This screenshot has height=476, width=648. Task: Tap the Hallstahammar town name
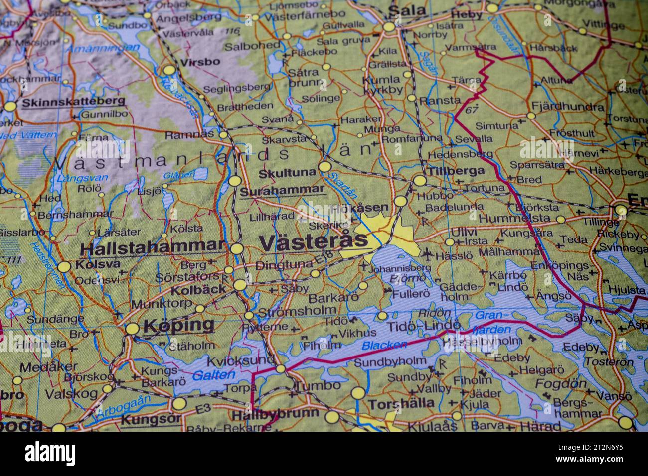[152, 246]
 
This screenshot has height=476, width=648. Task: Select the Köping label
[178, 326]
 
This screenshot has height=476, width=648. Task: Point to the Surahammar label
[282, 190]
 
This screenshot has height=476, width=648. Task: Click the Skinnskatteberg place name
[73, 101]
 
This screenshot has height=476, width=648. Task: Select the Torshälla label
[401, 403]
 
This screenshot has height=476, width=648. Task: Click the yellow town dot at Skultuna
[325, 167]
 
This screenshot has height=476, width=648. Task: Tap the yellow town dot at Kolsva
[64, 267]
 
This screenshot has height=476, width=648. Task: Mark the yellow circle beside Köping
[132, 329]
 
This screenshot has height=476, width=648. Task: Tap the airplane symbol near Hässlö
[426, 254]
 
